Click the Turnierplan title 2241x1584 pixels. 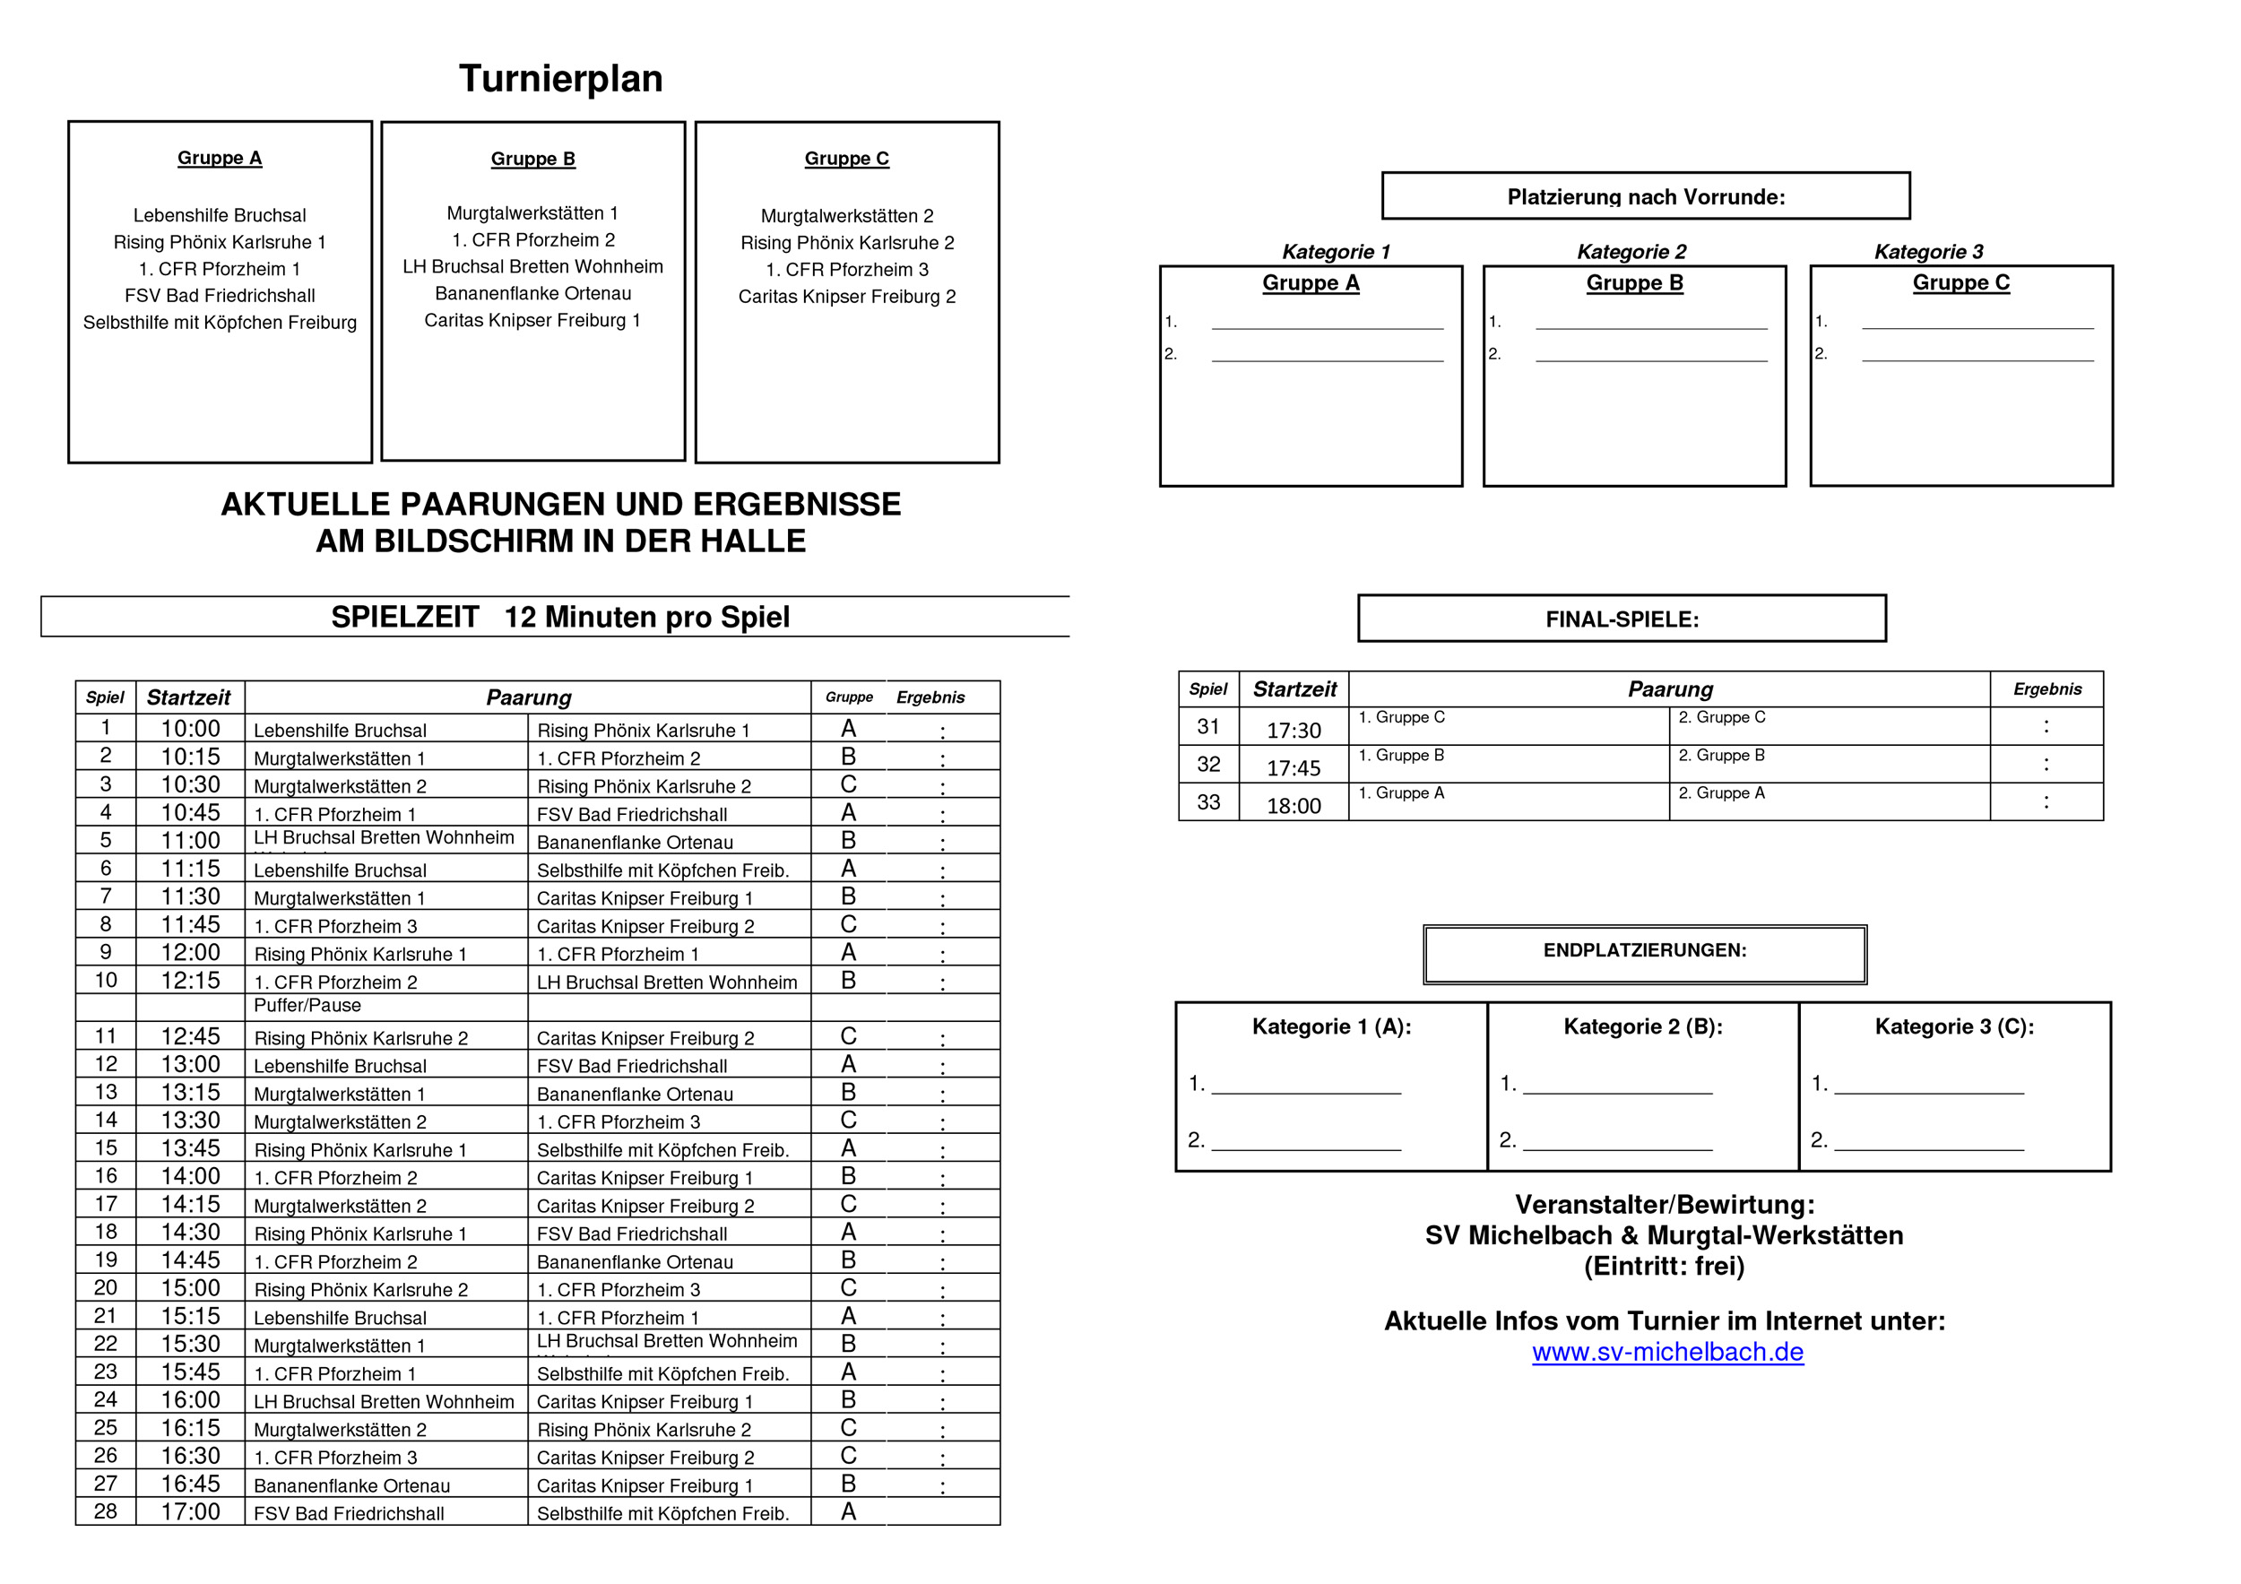click(x=560, y=79)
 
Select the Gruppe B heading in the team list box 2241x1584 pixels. click(x=533, y=159)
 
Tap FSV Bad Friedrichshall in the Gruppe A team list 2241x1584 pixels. click(x=220, y=296)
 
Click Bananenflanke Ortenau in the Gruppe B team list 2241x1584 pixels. click(x=533, y=294)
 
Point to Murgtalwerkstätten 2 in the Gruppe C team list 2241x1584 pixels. click(x=846, y=216)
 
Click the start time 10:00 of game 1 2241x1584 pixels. click(x=190, y=729)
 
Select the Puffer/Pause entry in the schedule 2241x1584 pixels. click(x=307, y=1006)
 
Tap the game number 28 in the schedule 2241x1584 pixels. click(x=106, y=1511)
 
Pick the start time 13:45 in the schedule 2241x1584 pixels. click(x=190, y=1148)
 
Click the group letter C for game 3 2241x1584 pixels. click(x=848, y=784)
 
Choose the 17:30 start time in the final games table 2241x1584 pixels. click(x=1294, y=731)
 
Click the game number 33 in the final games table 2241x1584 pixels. click(x=1208, y=802)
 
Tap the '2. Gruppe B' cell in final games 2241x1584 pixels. click(x=1721, y=756)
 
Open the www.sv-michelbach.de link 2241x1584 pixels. click(x=1667, y=1353)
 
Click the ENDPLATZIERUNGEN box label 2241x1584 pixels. click(x=1645, y=950)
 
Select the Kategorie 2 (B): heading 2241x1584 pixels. click(x=1643, y=1026)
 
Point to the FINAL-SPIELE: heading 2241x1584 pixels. click(x=1622, y=619)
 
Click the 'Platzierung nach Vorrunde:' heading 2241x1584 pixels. click(x=1646, y=197)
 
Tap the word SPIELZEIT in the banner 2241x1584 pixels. click(x=405, y=618)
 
